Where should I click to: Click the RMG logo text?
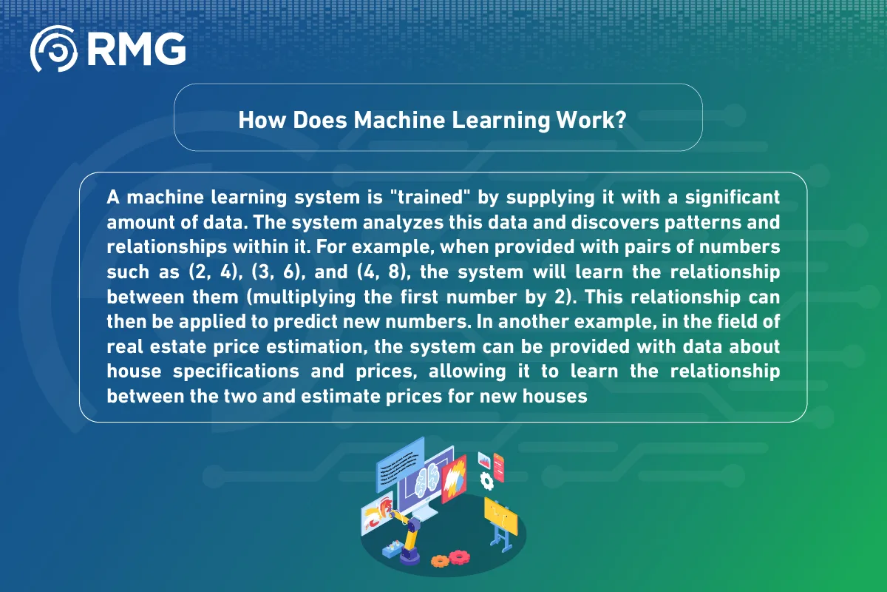click(x=136, y=50)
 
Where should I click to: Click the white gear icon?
click(x=486, y=481)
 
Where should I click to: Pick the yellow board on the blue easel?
click(x=500, y=511)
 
